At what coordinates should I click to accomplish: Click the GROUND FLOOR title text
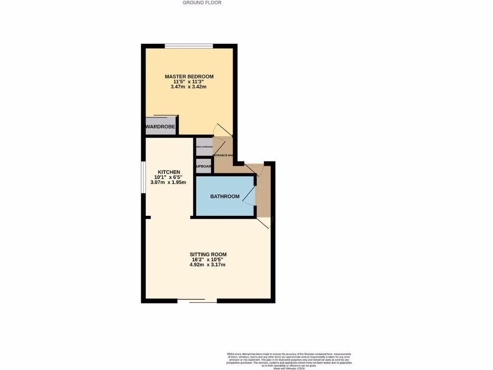[x=202, y=2]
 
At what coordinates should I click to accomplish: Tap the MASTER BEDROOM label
[x=189, y=77]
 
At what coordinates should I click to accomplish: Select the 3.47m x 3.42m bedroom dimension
[x=188, y=87]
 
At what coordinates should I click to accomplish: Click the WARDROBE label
[x=160, y=127]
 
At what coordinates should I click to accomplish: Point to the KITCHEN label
[x=169, y=172]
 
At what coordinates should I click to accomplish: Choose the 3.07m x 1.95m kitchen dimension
[x=169, y=183]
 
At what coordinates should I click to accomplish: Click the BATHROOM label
[x=225, y=197]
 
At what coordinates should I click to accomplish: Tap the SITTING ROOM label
[x=208, y=254]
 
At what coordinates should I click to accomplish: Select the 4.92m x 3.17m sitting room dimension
[x=208, y=265]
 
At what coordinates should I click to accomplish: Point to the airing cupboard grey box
[x=204, y=146]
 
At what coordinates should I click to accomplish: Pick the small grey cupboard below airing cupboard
[x=204, y=166]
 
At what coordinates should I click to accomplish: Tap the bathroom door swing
[x=249, y=196]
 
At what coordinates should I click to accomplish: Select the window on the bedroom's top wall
[x=189, y=46]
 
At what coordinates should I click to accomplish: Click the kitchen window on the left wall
[x=143, y=177]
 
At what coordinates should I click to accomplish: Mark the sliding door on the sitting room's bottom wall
[x=197, y=301]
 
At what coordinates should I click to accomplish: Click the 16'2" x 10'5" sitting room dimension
[x=208, y=260]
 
